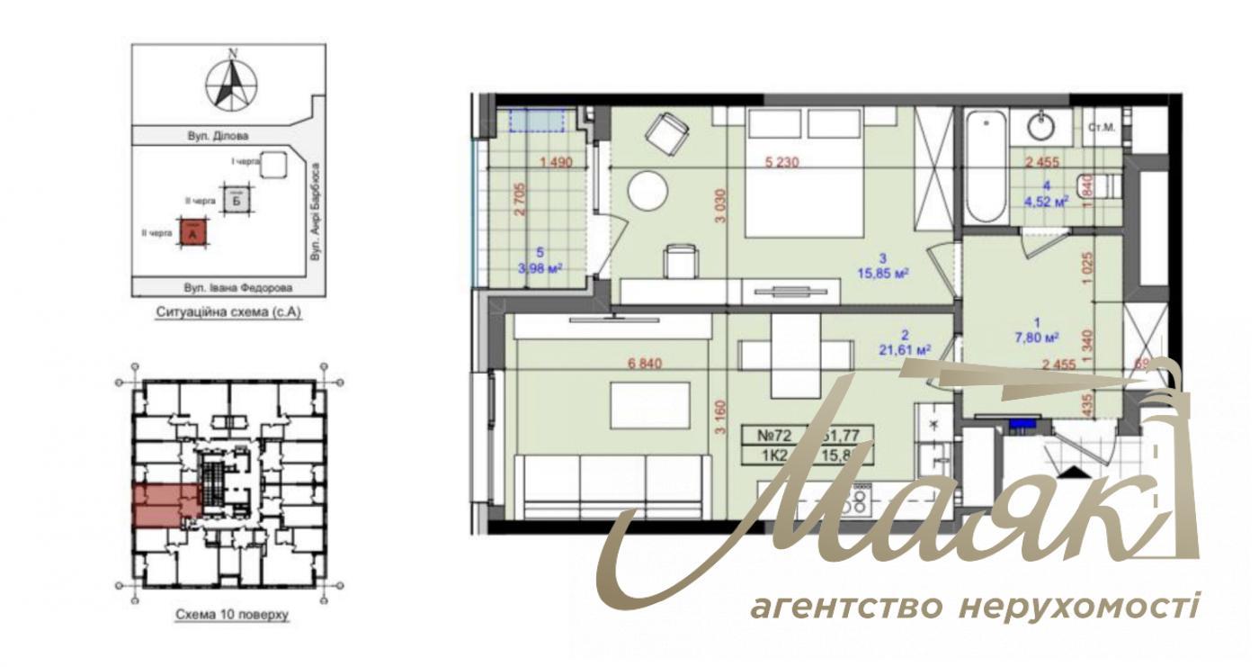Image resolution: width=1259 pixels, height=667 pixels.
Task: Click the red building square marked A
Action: pyautogui.click(x=195, y=234)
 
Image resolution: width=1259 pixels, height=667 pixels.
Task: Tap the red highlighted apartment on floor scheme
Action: pyautogui.click(x=166, y=505)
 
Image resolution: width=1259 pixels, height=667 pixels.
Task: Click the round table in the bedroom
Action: pyautogui.click(x=647, y=192)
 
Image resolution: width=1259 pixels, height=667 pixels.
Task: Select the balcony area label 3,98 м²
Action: pyautogui.click(x=540, y=266)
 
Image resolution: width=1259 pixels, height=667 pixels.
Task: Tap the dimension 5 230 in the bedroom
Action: pyautogui.click(x=781, y=163)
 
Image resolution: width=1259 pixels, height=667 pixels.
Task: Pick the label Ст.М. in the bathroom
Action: pyautogui.click(x=1102, y=127)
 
